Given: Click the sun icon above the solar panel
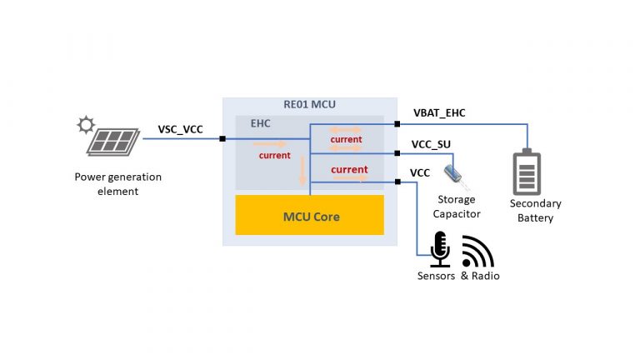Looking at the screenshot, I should point(85,126).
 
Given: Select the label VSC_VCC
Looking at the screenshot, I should point(180,129).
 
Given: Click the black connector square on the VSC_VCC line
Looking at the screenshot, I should point(222,138).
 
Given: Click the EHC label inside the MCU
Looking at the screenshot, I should point(261,123).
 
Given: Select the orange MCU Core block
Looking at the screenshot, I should point(309,216).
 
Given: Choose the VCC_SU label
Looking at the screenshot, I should point(431,144).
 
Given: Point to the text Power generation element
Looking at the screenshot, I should point(117,183).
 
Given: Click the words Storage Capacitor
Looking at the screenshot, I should point(457,206).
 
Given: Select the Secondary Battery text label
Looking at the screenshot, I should point(536,210).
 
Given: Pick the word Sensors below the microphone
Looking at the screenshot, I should point(437,276).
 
